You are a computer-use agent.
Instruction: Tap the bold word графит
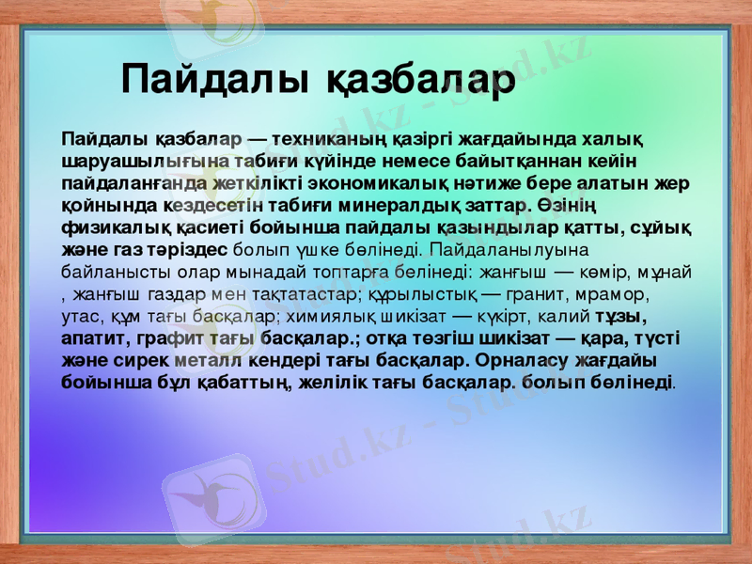[165, 338]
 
